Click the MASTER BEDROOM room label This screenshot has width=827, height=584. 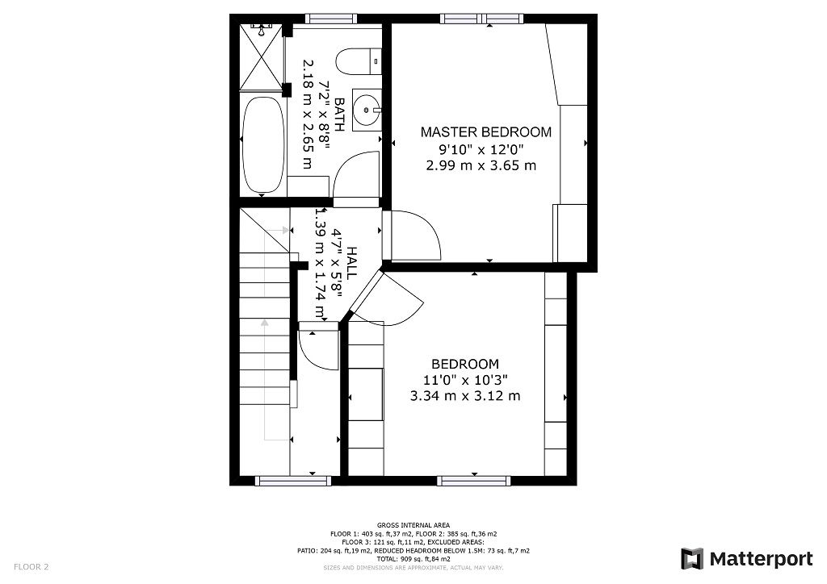click(485, 131)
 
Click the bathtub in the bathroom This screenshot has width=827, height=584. click(262, 145)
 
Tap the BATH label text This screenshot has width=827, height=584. click(339, 115)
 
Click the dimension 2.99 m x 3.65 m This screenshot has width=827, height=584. click(481, 165)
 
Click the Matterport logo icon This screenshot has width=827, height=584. click(692, 559)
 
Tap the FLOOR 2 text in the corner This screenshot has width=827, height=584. click(31, 566)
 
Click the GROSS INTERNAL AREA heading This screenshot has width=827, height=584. click(413, 525)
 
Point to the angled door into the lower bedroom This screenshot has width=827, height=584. click(388, 298)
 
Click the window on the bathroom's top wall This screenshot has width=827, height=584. click(331, 18)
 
